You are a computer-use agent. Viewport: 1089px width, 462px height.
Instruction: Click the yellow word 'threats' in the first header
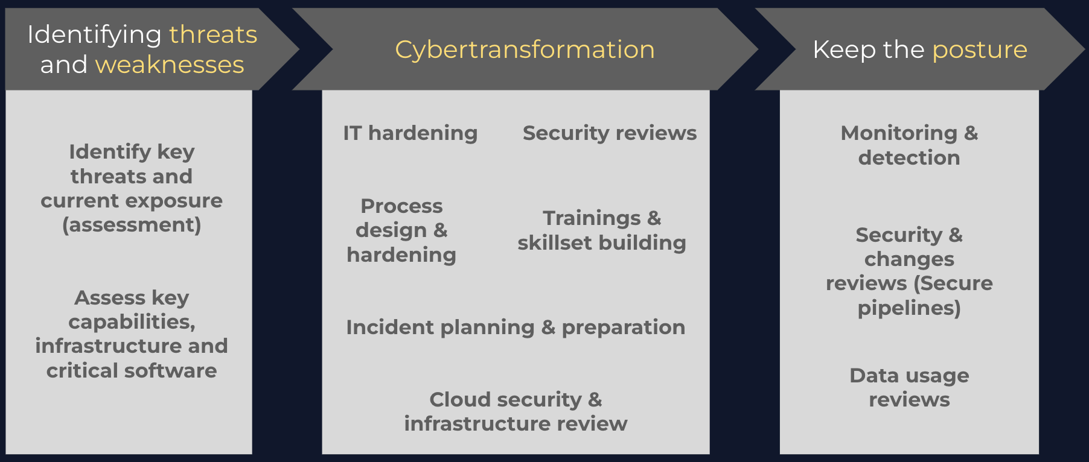(x=213, y=34)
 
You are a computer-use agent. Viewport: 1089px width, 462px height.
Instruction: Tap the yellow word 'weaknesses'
(x=170, y=65)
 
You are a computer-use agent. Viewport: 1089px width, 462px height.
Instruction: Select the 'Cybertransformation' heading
(x=525, y=49)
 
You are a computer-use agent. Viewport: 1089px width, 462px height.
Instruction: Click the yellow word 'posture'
(x=980, y=50)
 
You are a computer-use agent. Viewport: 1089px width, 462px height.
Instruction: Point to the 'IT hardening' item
(x=410, y=133)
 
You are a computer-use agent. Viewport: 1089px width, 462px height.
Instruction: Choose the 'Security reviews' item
(x=610, y=133)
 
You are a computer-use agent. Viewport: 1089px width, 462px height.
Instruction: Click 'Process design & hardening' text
(x=401, y=230)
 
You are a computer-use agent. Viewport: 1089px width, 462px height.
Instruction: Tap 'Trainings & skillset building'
(x=602, y=230)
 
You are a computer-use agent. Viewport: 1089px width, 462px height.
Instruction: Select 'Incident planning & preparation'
(x=516, y=327)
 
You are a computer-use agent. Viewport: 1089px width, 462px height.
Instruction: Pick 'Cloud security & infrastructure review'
(x=516, y=411)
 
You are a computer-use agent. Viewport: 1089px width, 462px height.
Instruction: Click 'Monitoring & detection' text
(x=909, y=145)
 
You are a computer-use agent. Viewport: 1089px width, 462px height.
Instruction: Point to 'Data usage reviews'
(x=909, y=387)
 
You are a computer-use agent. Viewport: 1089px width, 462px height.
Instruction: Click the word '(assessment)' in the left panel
(x=132, y=225)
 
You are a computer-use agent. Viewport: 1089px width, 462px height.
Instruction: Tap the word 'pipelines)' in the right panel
(x=909, y=308)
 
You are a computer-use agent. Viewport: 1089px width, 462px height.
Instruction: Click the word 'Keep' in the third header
(x=845, y=50)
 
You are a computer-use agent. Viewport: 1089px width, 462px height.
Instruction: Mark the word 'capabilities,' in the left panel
(x=132, y=322)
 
